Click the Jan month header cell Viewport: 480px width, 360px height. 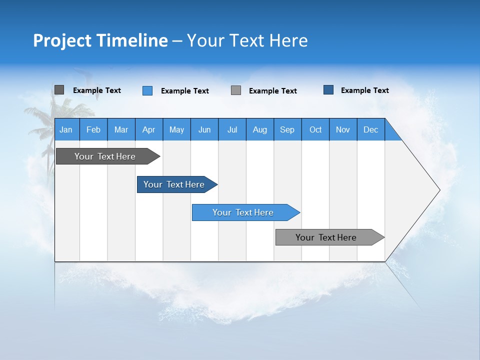click(66, 129)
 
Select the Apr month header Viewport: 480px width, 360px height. click(149, 129)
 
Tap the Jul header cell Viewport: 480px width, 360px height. click(232, 129)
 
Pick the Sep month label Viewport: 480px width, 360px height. click(287, 129)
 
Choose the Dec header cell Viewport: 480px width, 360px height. click(370, 129)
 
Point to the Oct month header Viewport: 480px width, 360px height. click(315, 129)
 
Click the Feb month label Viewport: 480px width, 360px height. click(93, 129)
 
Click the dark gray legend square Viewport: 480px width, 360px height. click(59, 90)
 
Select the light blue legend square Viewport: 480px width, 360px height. click(147, 90)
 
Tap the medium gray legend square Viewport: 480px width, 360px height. click(236, 90)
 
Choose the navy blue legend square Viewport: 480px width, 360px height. click(328, 90)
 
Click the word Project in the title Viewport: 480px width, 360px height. click(62, 40)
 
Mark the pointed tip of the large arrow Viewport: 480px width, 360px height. click(438, 190)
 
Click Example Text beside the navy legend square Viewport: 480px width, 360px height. click(364, 90)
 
